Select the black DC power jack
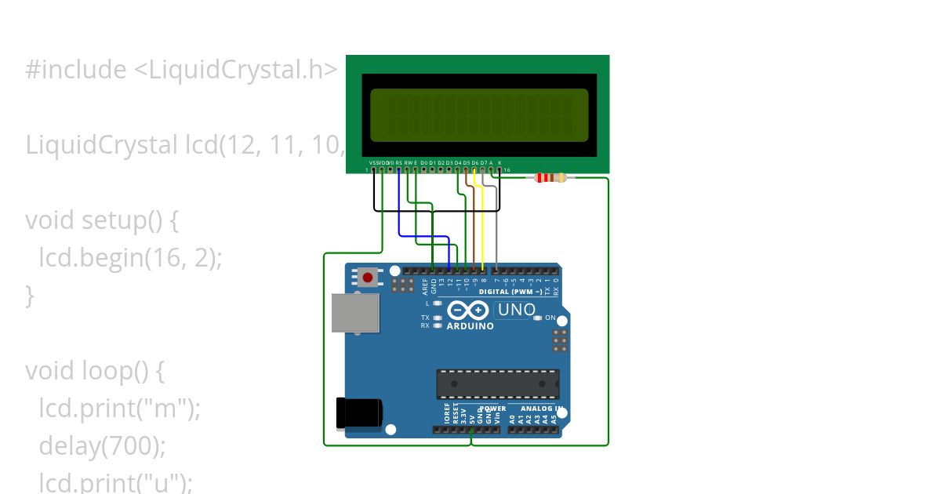[x=358, y=413]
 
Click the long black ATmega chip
[x=497, y=384]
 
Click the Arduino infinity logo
[x=468, y=311]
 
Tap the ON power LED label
[x=550, y=318]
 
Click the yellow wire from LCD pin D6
[x=483, y=227]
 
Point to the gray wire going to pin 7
[x=496, y=227]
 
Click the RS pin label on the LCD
[x=398, y=162]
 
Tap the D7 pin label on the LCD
[x=483, y=162]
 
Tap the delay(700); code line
[x=103, y=446]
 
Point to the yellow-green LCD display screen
[x=478, y=114]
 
